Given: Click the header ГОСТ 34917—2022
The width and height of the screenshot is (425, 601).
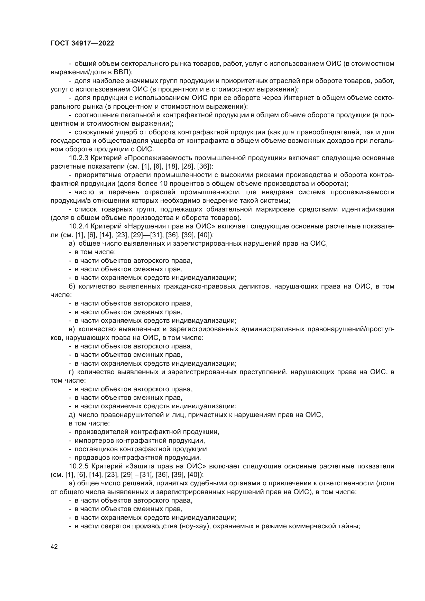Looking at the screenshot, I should pos(82,43).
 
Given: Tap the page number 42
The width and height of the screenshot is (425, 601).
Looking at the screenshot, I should pos(54,547).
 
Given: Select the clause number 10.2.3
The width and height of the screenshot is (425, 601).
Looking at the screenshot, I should pos(79,158).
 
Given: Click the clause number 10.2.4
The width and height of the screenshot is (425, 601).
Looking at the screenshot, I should pos(79,226).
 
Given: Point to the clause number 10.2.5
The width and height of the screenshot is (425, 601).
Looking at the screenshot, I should pos(79,466).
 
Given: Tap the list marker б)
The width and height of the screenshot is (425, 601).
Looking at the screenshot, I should pos(72,286).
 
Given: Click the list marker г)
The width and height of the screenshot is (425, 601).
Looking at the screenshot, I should pos(71,372).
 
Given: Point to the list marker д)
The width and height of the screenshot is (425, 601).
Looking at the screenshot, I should pos(72,415).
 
